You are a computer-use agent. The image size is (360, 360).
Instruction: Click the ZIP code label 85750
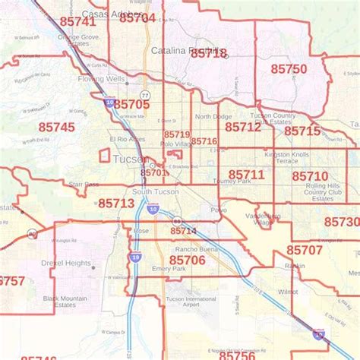[288, 69]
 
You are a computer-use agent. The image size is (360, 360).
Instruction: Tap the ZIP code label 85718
[208, 54]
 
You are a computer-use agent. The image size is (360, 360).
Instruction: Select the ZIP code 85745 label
[56, 127]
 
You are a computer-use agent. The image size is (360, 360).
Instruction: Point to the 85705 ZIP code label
[131, 104]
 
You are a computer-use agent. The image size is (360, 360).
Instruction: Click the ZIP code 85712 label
[243, 127]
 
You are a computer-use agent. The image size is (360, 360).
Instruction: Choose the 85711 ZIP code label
[246, 175]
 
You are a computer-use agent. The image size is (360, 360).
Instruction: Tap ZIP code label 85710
[310, 176]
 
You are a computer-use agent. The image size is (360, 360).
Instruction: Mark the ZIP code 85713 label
[116, 203]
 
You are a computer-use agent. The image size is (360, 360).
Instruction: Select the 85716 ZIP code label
[204, 141]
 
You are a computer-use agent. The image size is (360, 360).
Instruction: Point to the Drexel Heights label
[68, 264]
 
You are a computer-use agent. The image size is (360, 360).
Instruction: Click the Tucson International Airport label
[190, 302]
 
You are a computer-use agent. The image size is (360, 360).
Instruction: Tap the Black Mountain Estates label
[65, 302]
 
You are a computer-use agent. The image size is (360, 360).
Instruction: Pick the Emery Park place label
[169, 269]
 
